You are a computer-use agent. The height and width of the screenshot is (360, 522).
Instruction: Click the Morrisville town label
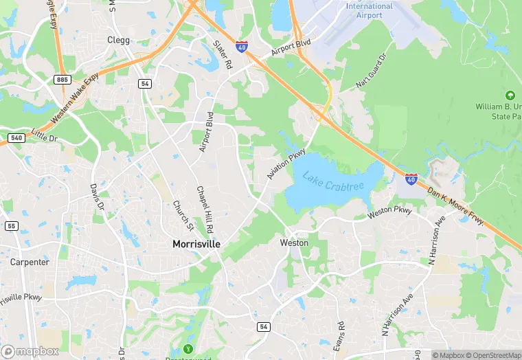point(196,244)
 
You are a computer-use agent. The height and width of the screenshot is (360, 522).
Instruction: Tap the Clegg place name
point(118,40)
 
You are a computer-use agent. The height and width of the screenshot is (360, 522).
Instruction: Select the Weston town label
point(294,243)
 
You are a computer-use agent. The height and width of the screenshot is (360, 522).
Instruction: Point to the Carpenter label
point(30,262)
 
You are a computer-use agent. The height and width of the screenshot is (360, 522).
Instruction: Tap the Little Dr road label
point(45,137)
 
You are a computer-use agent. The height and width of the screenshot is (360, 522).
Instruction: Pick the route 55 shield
point(10,225)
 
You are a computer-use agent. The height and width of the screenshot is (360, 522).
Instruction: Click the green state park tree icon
point(510,95)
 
